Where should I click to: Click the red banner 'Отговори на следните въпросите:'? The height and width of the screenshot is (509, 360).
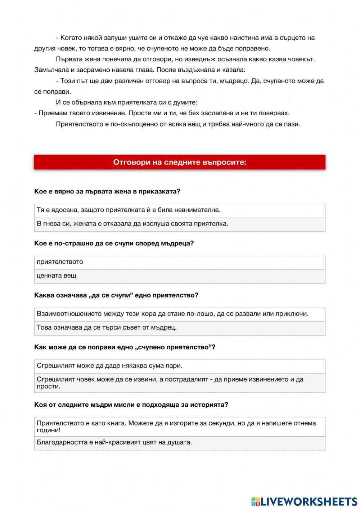coord(180,162)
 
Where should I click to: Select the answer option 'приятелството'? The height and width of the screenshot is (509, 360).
coord(180,262)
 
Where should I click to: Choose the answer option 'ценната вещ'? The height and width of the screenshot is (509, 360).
coord(180,276)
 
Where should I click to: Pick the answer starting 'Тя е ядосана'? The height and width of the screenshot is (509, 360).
coord(180,210)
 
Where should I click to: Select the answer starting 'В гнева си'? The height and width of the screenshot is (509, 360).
coord(180,224)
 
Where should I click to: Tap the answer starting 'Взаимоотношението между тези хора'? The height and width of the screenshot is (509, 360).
coord(180,314)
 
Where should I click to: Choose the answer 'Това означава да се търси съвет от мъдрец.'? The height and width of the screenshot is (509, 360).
coord(180,328)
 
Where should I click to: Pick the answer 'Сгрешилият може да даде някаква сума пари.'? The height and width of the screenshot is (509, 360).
coord(180,366)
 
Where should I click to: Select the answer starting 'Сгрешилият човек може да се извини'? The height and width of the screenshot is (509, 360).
coord(180,383)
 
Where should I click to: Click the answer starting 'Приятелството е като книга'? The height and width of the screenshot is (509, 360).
coord(180,427)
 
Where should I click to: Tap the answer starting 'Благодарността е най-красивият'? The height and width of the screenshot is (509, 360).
coord(180,443)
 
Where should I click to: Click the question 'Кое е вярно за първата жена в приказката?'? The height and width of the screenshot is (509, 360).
coord(107,192)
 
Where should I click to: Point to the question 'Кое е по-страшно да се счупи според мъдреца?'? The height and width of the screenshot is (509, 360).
coord(114,244)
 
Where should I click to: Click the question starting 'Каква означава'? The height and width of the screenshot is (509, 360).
coord(116,295)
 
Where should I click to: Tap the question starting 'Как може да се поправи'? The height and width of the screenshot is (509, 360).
coord(125,347)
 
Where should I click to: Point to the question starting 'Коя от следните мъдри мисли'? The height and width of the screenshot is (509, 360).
coord(131,405)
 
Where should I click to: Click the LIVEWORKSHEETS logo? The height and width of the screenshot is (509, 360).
coord(304,501)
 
